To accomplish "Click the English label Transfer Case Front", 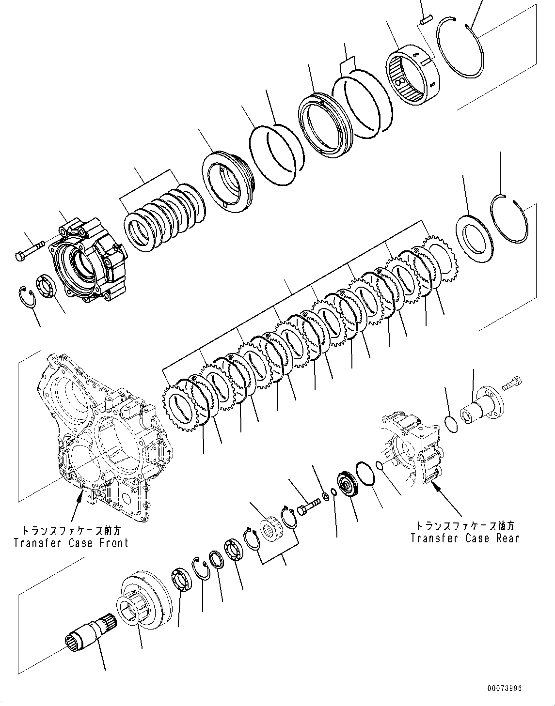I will (71, 542).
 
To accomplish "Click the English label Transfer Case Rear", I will (464, 538).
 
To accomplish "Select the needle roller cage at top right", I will (412, 76).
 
